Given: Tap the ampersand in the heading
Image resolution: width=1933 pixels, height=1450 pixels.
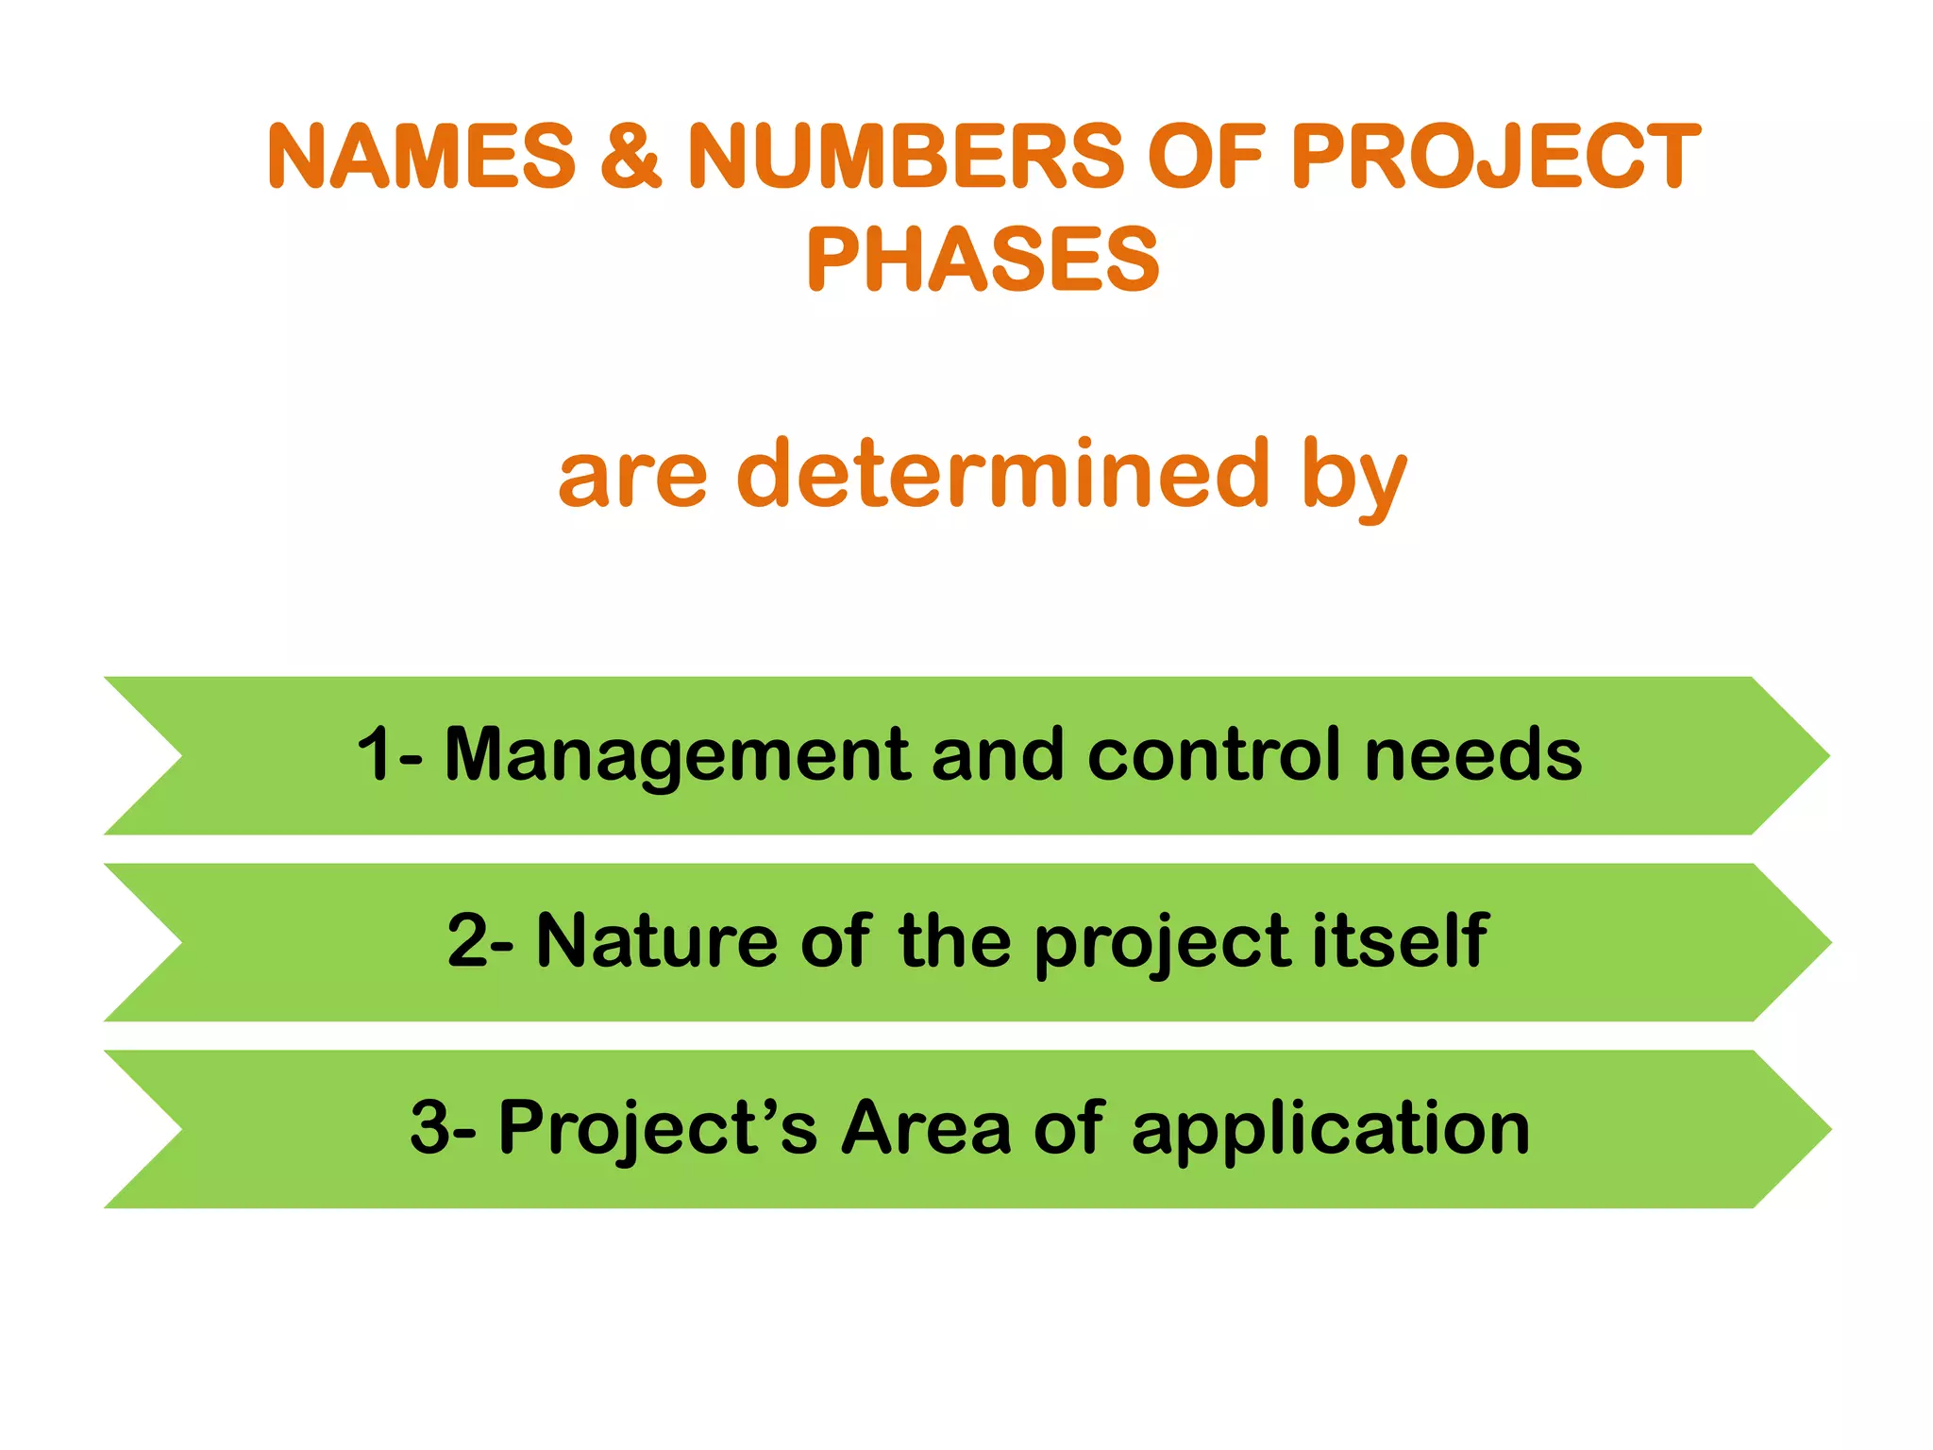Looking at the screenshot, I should (x=630, y=156).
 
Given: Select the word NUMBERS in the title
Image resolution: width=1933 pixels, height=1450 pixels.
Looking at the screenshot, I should (x=905, y=156).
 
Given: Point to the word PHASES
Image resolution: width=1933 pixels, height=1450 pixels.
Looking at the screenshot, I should (x=983, y=260).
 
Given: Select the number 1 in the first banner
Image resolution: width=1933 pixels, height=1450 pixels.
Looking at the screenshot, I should (x=375, y=754).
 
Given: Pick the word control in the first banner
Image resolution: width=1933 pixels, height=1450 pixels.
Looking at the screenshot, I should (x=1215, y=754).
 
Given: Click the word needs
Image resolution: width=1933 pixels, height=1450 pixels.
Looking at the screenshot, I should (x=1473, y=754).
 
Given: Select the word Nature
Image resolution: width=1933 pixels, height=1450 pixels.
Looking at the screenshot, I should (x=657, y=941).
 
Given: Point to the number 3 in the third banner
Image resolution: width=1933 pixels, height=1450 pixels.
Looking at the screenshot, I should (x=429, y=1127).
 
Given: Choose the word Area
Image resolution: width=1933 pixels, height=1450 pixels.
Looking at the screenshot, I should (x=926, y=1127).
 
